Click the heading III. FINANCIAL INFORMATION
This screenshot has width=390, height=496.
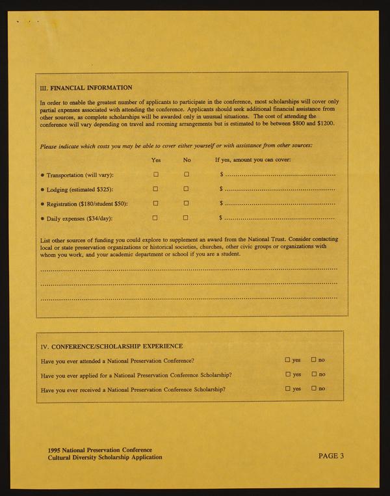click(86, 88)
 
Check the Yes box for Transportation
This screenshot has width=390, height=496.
click(156, 174)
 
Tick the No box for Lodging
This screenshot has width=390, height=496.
click(187, 189)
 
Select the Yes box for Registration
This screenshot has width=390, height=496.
click(156, 203)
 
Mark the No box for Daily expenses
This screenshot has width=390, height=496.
click(187, 218)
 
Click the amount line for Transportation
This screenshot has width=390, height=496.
click(279, 176)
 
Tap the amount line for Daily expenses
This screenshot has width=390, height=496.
click(279, 219)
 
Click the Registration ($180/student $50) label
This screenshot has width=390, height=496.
click(88, 204)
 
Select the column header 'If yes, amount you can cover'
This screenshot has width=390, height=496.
click(253, 159)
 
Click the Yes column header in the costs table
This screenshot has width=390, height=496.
click(156, 159)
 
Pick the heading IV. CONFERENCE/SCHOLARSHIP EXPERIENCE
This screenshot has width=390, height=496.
click(111, 346)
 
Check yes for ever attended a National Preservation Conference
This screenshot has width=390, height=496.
click(287, 359)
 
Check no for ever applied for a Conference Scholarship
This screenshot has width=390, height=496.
click(313, 374)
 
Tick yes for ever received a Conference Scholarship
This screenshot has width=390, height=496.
click(287, 388)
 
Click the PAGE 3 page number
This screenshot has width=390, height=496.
click(331, 456)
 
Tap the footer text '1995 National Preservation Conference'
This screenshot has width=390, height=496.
click(99, 450)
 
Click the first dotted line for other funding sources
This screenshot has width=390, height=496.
click(188, 268)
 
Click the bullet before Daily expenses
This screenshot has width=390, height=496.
click(42, 219)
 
